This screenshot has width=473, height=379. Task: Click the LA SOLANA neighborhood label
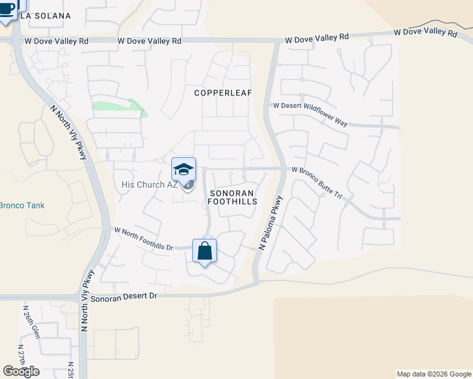[x=45, y=15]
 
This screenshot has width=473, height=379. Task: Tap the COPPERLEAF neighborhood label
[x=223, y=93]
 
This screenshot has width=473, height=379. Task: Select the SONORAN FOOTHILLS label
[x=233, y=197]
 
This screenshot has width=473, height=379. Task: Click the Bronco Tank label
[x=22, y=205]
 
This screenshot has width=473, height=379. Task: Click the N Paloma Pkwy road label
[x=271, y=221]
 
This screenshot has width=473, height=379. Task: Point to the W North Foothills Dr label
[x=143, y=239]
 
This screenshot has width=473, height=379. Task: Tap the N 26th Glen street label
[x=31, y=322]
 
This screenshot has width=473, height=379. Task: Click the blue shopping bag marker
[x=205, y=252]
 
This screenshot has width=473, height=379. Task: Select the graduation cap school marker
[x=183, y=170]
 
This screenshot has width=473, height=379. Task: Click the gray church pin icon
[x=188, y=184]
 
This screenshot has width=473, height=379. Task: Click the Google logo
[x=21, y=371]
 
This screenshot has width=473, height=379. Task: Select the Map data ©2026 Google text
[x=433, y=374]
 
